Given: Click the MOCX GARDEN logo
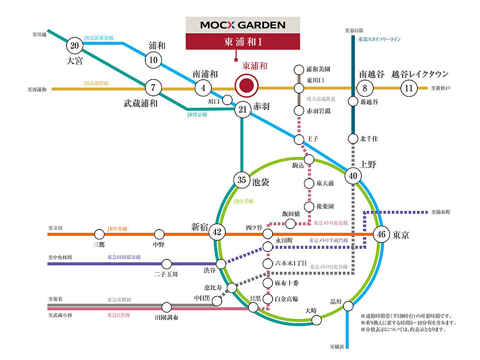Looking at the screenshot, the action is click(243, 25).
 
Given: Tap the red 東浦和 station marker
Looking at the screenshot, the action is click(247, 85).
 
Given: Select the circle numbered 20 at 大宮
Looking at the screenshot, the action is click(74, 45).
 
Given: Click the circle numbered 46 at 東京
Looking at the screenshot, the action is click(381, 234).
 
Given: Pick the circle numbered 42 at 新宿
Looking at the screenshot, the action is click(217, 232).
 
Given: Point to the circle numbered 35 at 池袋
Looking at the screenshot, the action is click(242, 180).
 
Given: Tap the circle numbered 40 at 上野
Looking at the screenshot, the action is click(353, 175).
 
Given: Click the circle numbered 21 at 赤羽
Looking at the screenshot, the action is click(243, 109).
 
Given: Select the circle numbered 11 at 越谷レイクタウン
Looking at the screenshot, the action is click(409, 88).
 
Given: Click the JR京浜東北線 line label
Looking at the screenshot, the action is click(99, 38).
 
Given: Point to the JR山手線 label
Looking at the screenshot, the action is click(243, 201).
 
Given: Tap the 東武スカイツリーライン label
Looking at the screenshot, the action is click(380, 39).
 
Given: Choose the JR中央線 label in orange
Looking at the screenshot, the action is click(117, 229).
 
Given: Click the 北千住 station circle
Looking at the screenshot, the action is click(353, 139).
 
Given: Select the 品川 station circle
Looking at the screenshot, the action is click(348, 306).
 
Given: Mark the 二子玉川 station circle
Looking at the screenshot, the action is click(166, 264).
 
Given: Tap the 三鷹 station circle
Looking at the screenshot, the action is click(99, 234).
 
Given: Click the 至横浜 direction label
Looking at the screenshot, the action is click(337, 347).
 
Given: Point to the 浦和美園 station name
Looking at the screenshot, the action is click(319, 69).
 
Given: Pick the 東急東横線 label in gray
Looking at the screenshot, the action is click(119, 299).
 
